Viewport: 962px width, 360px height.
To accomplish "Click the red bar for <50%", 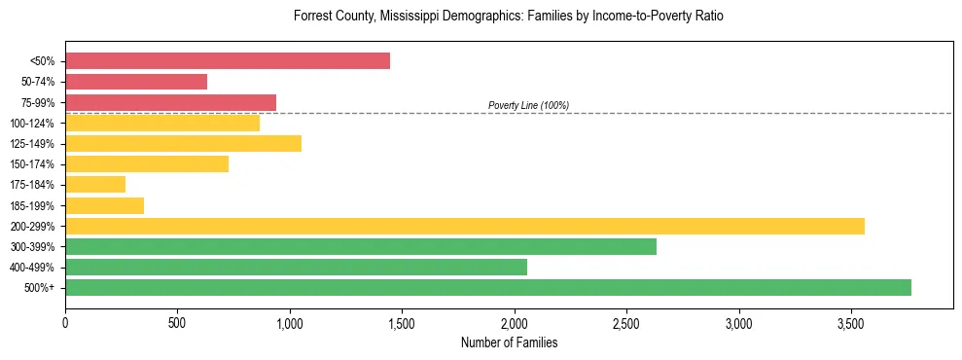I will (228, 61).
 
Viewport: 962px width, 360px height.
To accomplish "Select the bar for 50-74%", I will (136, 82).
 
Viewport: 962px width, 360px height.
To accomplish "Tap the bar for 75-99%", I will (170, 102).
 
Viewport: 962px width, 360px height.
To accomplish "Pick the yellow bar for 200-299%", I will (465, 226).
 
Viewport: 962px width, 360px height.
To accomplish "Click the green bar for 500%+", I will (488, 287).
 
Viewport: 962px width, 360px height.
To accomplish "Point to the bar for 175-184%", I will (95, 184).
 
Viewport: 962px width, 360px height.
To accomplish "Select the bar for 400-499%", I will (296, 267).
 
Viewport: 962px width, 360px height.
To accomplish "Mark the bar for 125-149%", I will (183, 143).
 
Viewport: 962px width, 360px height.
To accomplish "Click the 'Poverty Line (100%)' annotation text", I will (528, 105).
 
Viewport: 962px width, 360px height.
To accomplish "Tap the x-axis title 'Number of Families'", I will (509, 343).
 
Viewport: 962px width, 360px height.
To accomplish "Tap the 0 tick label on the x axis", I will (65, 323).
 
